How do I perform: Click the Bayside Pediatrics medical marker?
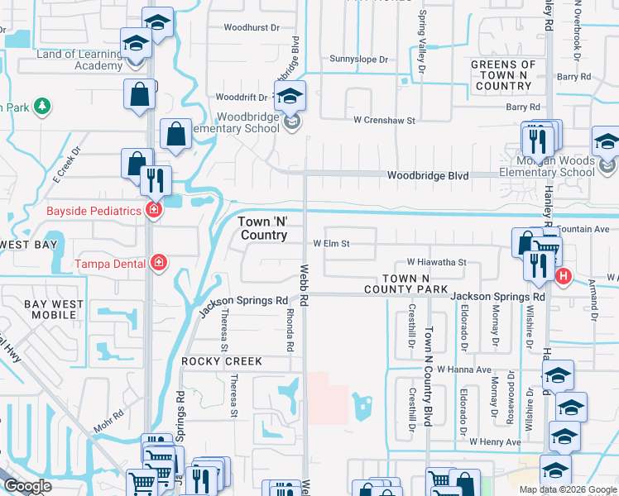(152, 211)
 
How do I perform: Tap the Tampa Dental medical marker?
(159, 264)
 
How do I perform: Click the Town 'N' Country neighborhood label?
(263, 229)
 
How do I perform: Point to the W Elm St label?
(332, 244)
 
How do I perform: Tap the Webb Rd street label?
(304, 282)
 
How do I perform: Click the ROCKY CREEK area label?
(222, 362)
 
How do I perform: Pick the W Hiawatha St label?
(436, 262)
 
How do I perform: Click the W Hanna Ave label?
(464, 369)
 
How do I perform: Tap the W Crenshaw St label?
(384, 121)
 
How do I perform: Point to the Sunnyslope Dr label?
(358, 60)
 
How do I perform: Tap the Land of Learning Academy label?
(79, 60)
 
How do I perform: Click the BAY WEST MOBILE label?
(54, 310)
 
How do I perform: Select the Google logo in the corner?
(27, 486)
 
